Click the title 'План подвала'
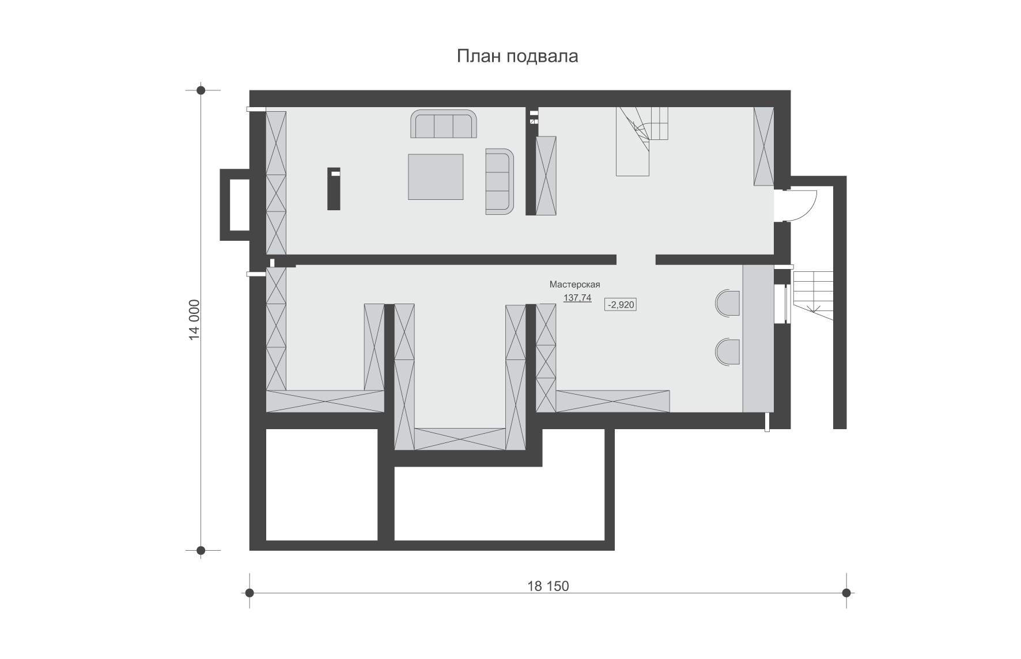517,56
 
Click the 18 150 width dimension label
548,586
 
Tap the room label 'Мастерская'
574,285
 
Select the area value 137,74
577,298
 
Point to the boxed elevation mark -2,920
621,305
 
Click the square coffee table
436,177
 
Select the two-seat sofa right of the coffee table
499,181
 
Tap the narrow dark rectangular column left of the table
334,188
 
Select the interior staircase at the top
641,141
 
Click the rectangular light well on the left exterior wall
235,204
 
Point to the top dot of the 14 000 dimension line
201,90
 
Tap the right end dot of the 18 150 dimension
846,592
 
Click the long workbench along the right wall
758,338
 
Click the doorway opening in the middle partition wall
636,259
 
